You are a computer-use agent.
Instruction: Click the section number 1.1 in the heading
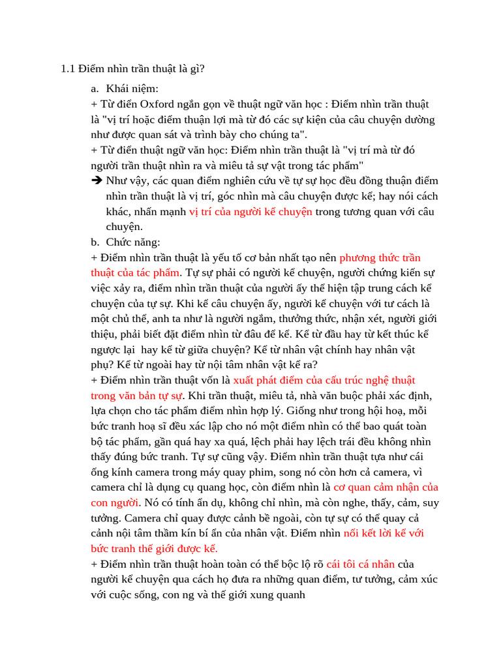68,68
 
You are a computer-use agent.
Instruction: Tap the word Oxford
157,105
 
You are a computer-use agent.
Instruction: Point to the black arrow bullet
97,180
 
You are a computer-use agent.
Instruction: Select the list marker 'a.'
95,88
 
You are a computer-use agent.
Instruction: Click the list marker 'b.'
95,242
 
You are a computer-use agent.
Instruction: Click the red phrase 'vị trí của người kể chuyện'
250,212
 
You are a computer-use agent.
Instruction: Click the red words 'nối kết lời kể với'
384,533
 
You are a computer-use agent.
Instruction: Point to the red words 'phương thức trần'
380,258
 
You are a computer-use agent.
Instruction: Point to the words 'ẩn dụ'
200,503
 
